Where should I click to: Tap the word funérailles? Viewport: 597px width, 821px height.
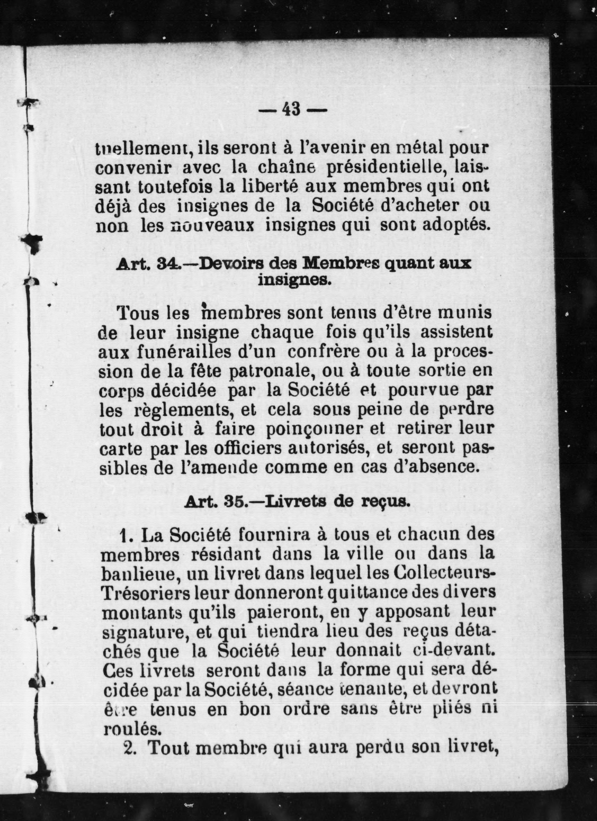(207, 352)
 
